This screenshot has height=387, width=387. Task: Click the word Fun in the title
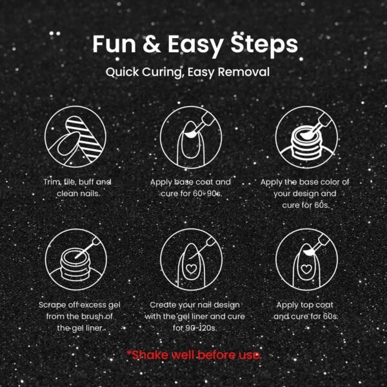(114, 44)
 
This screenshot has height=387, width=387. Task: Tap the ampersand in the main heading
(152, 44)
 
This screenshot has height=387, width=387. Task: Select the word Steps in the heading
(264, 46)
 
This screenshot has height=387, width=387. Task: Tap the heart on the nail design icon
(191, 268)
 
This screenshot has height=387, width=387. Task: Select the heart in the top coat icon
(306, 269)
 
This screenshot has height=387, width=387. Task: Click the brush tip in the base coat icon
(190, 134)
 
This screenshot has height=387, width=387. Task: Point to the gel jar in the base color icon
(306, 143)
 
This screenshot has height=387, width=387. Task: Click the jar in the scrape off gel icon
(76, 264)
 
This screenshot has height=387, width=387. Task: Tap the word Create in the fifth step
(163, 305)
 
